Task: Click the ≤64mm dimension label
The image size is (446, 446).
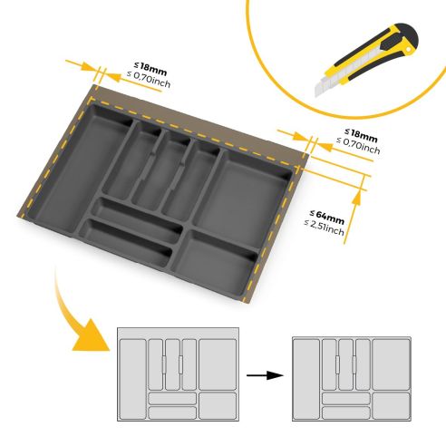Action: click(x=326, y=215)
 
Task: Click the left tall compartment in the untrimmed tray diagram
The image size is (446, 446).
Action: click(x=132, y=375)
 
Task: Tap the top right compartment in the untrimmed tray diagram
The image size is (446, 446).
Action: click(x=217, y=364)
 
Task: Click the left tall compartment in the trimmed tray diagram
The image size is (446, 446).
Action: click(x=307, y=375)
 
